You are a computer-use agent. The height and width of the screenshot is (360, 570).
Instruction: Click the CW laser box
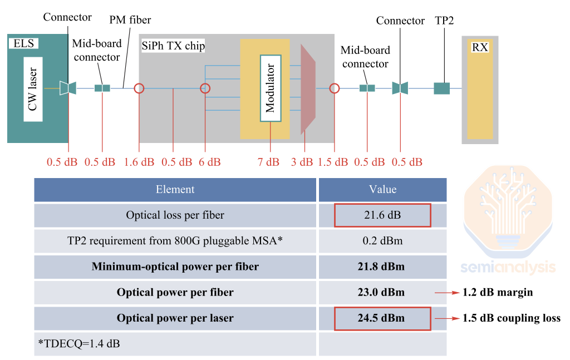coord(33,88)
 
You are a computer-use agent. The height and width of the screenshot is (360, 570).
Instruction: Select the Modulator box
coord(270,88)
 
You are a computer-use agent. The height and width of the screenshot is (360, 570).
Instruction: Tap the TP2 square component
coord(441,88)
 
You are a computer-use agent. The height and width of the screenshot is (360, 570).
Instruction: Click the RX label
coord(479,47)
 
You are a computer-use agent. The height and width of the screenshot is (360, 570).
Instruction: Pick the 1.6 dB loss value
coord(139,162)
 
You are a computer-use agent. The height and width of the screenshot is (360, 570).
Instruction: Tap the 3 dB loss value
coord(302,162)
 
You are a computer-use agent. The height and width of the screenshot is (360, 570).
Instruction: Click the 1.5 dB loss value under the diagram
coord(333,162)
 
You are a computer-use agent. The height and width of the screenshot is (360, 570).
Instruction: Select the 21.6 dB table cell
coord(382,215)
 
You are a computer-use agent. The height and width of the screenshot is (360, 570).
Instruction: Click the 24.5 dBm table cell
coord(382,318)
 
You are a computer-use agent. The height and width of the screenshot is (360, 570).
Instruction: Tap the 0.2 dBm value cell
coord(382,241)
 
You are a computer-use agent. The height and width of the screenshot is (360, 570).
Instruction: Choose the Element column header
coord(175,189)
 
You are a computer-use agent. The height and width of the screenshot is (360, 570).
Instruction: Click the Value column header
coord(382,189)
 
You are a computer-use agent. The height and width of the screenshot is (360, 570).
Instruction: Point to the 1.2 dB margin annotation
coord(498,292)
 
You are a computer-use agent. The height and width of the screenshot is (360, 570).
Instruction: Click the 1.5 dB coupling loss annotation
coord(511,318)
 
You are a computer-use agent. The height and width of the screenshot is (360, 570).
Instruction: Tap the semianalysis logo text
coord(508,267)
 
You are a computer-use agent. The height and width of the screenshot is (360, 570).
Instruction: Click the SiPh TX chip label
coord(173,46)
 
